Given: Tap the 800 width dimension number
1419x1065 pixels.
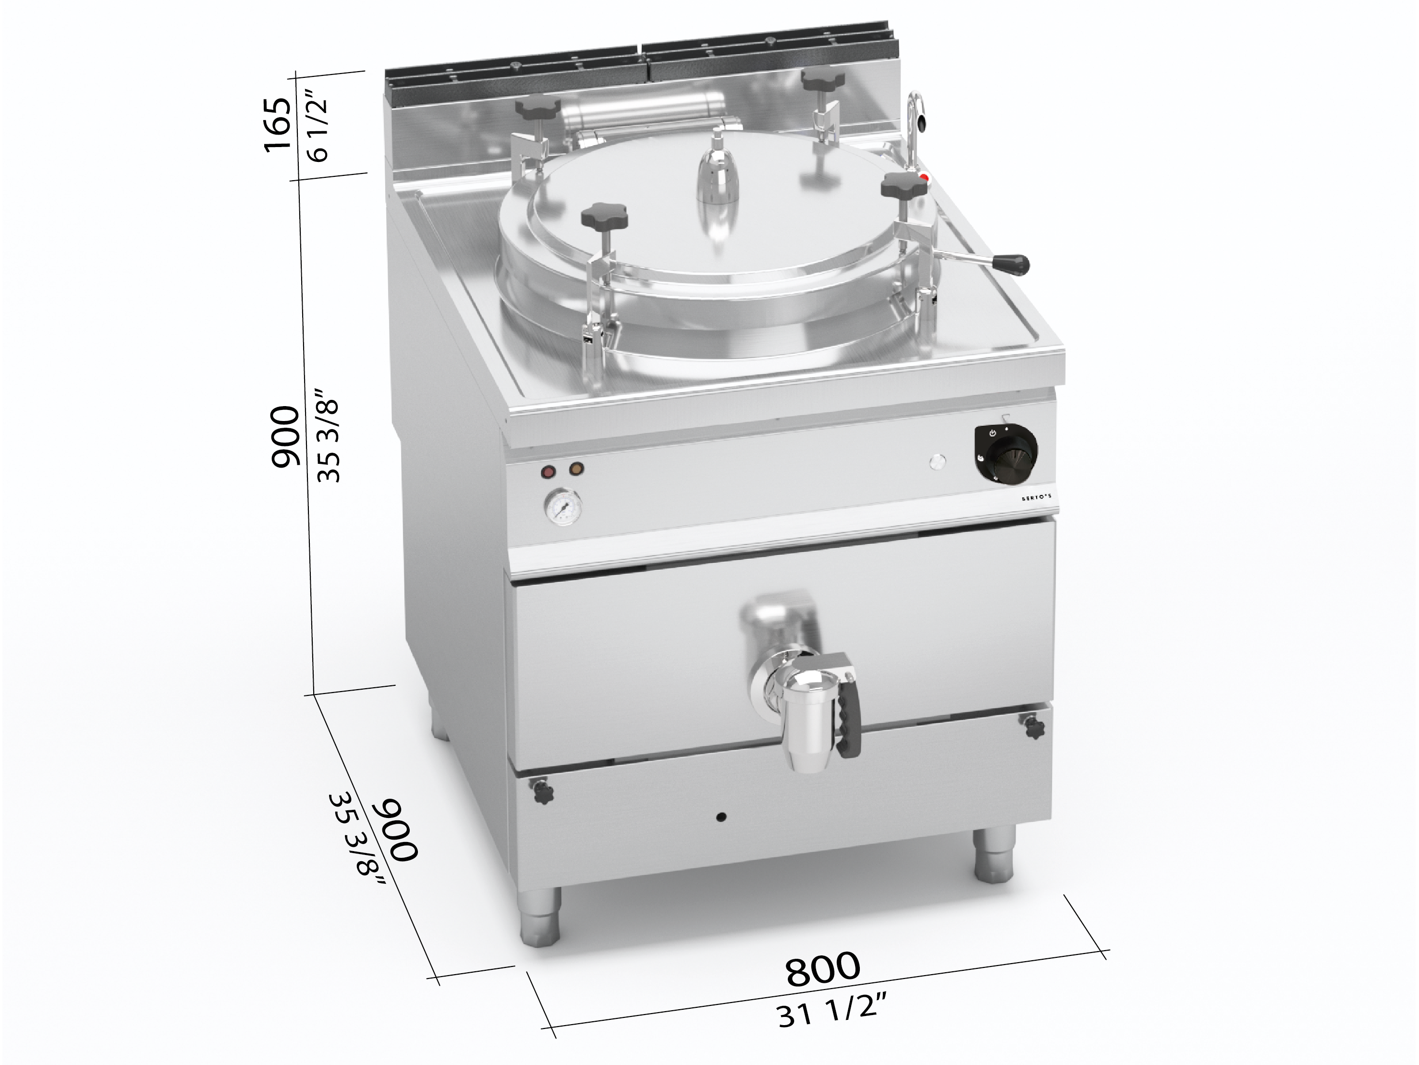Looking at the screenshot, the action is pyautogui.click(x=823, y=969).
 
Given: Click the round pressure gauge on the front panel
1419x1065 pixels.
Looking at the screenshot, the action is pyautogui.click(x=564, y=509).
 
